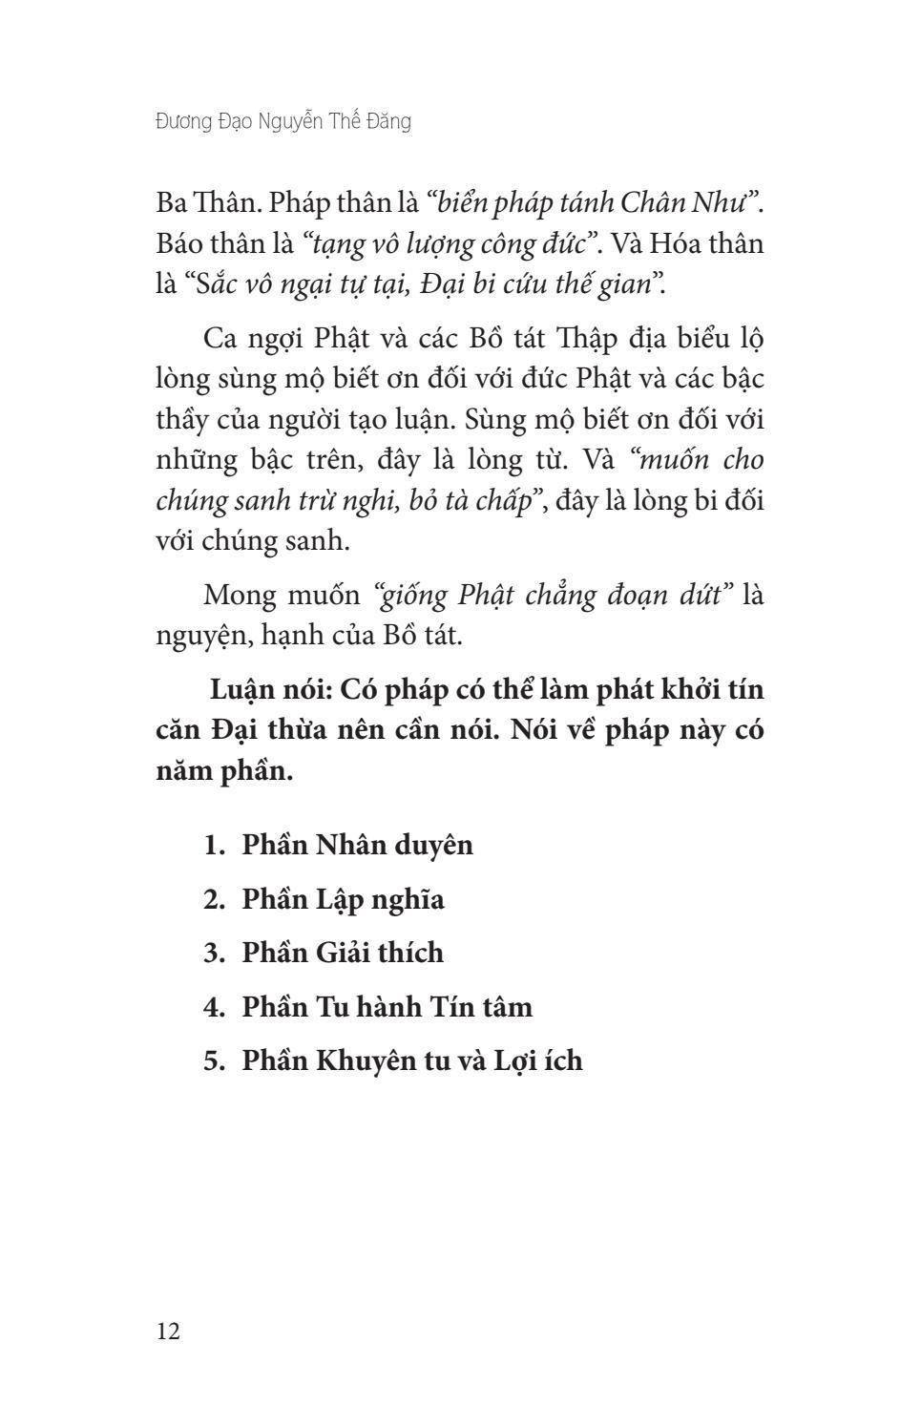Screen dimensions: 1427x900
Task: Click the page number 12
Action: [x=168, y=1331]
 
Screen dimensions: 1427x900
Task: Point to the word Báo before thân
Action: [x=179, y=243]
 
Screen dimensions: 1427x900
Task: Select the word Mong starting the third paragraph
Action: [x=238, y=595]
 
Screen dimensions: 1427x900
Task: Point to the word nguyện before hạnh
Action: [x=202, y=635]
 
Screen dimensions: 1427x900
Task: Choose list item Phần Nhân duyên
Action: [x=357, y=845]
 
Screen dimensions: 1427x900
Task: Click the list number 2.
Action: [x=213, y=899]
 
